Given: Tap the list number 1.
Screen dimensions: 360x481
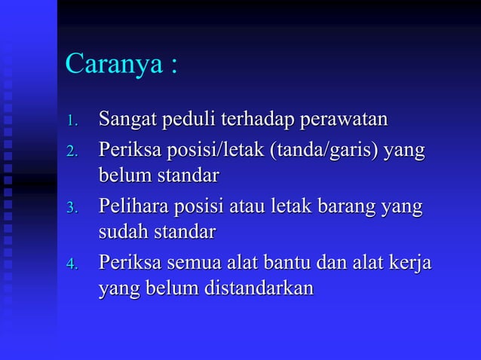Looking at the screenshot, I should [72, 121].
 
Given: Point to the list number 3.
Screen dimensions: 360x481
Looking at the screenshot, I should [72, 208].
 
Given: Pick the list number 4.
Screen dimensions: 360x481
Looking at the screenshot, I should [72, 266].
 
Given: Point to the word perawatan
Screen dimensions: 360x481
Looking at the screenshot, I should [345, 119].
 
